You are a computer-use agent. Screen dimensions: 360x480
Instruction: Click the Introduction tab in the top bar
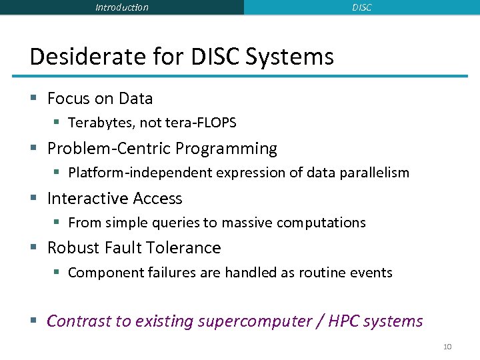(x=122, y=7)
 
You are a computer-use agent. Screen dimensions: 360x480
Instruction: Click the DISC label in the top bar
(x=361, y=7)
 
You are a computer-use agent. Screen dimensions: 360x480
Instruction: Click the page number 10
(x=447, y=347)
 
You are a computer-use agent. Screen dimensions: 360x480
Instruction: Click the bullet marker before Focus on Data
(x=33, y=99)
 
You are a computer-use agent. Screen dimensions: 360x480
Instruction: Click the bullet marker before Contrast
(x=33, y=321)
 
